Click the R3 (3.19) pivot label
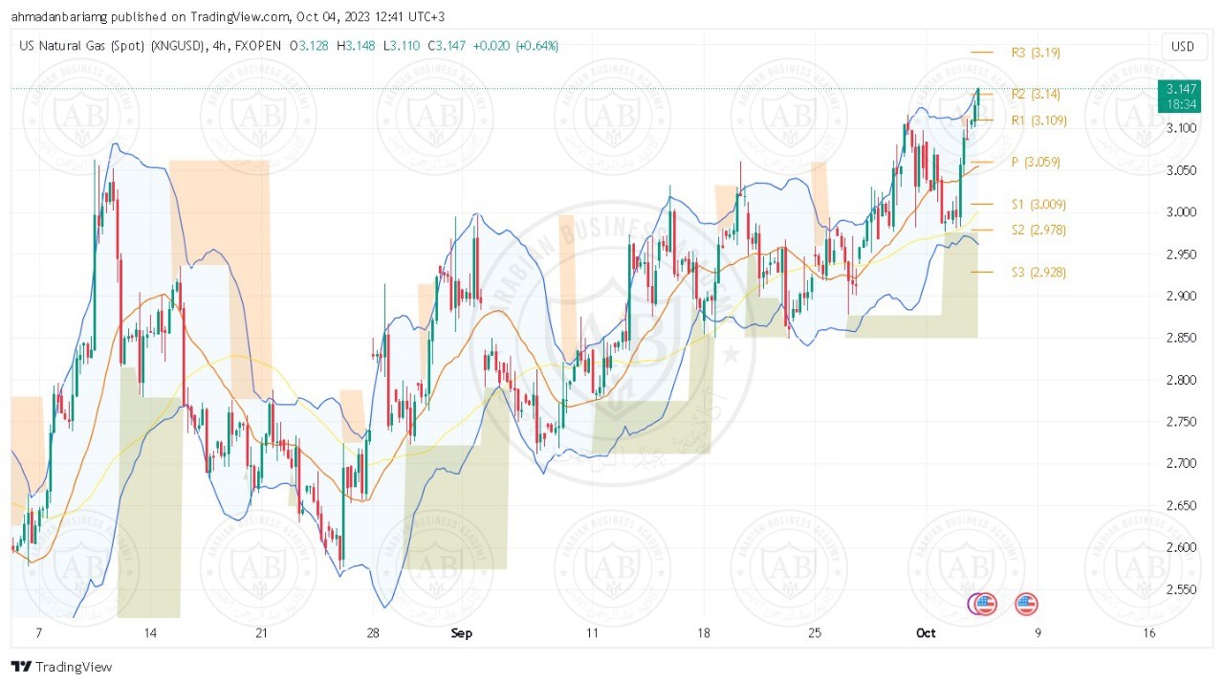click(x=1036, y=53)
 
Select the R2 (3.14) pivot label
click(x=1036, y=94)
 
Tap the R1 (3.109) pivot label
click(x=1038, y=121)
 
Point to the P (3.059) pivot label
click(x=1036, y=163)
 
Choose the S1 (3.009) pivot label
click(x=1038, y=205)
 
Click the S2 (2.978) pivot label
click(x=1038, y=230)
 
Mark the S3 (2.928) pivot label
click(x=1038, y=273)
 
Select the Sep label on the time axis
click(x=462, y=633)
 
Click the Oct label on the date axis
click(x=926, y=633)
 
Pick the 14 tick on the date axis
click(x=149, y=633)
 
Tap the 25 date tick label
click(x=815, y=633)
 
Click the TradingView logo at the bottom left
click(x=61, y=667)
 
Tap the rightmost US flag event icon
click(x=1026, y=604)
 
